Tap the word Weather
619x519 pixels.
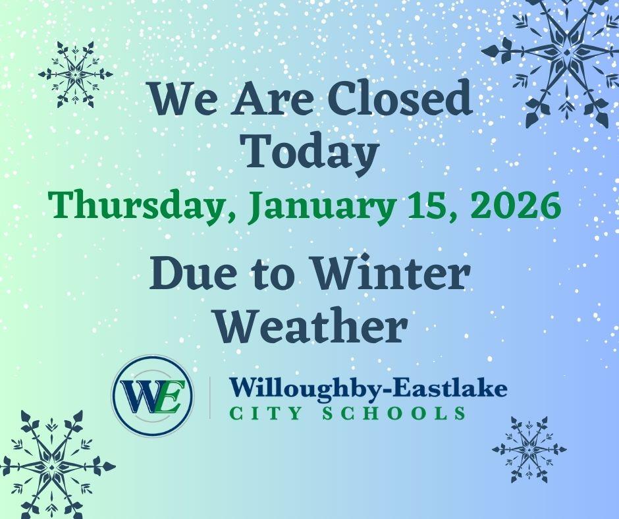click(310, 325)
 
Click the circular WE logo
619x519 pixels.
click(153, 396)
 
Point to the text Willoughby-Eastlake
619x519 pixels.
click(368, 389)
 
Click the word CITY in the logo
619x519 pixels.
click(261, 414)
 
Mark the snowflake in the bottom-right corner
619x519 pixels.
click(529, 449)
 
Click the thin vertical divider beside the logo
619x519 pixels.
click(210, 397)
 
